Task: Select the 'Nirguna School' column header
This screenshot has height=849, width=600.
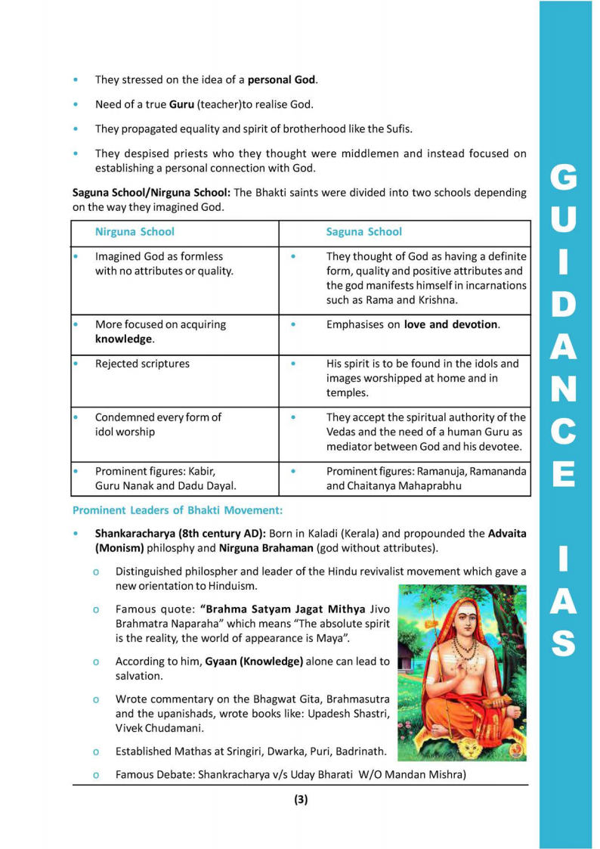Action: coord(135,232)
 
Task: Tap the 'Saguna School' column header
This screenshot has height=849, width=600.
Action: coord(363,232)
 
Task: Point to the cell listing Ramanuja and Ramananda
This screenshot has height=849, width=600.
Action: coord(426,477)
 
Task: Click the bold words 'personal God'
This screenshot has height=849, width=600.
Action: coord(282,79)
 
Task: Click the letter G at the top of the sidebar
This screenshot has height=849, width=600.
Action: coord(565,178)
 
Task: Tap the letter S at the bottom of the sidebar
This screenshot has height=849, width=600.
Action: coord(565,643)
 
